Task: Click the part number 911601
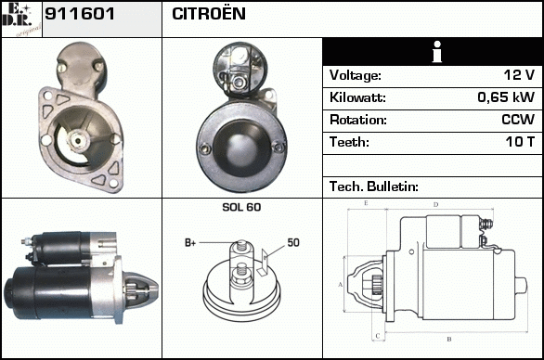coord(80,14)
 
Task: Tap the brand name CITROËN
coord(209,14)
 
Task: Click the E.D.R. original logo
coord(21,19)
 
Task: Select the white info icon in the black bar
coord(437,52)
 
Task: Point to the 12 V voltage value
coord(519,75)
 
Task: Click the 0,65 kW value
coord(506,97)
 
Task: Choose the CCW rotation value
coord(518,120)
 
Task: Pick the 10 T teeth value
coord(520,142)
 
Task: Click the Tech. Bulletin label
coord(374,186)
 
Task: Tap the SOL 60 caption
coord(241,207)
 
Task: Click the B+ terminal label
coord(190,243)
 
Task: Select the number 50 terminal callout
coord(293,242)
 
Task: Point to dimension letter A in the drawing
coord(340,285)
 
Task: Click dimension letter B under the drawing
coord(449,340)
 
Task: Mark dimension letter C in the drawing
coord(378,336)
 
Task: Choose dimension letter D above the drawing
coord(436,205)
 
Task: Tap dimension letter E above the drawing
coord(366,203)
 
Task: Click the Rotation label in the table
coord(358,120)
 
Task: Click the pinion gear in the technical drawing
coord(376,285)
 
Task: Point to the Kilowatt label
coord(357,97)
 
